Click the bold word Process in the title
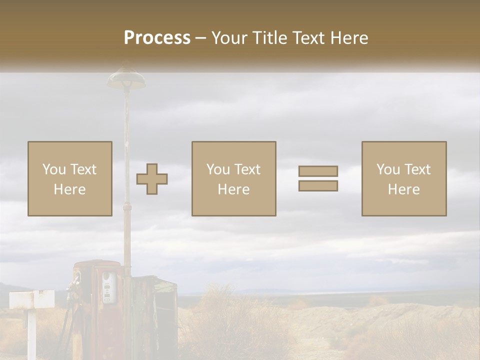157,37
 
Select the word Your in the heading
230,38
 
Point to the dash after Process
200,38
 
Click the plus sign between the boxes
152,178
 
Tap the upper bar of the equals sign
318,171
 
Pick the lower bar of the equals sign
318,185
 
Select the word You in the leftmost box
54,169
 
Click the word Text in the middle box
247,169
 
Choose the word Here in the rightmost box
403,189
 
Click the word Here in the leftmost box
69,189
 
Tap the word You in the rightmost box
388,169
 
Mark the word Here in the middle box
233,189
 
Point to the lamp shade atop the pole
126,78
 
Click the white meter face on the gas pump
108,287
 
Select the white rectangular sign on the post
32,299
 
